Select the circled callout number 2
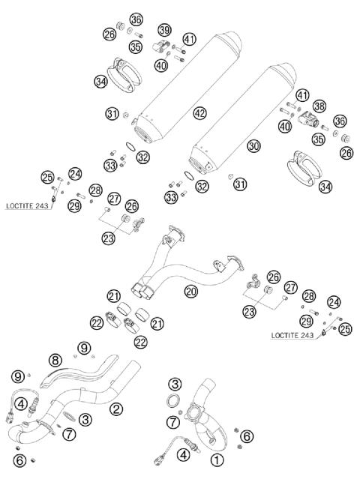pyautogui.click(x=116, y=409)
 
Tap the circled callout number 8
pyautogui.click(x=55, y=359)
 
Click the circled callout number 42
pyautogui.click(x=198, y=112)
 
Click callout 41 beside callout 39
pyautogui.click(x=188, y=39)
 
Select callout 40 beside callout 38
pyautogui.click(x=285, y=127)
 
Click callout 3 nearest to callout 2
pyautogui.click(x=86, y=419)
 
